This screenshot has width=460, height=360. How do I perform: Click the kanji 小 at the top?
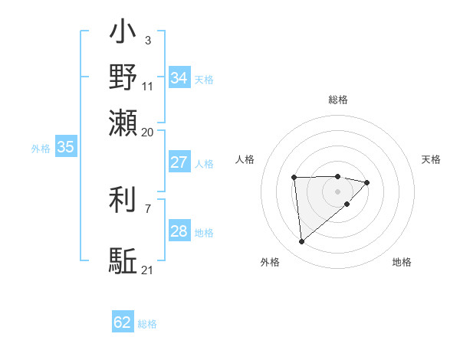pyautogui.click(x=123, y=34)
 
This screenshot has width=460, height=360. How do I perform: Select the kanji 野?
pyautogui.click(x=123, y=78)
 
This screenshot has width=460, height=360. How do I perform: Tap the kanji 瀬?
pyautogui.click(x=123, y=122)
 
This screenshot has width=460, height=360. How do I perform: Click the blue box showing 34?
pyautogui.click(x=179, y=77)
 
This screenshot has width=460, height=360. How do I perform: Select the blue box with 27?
pyautogui.click(x=179, y=162)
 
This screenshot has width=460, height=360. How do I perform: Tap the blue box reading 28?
pyautogui.click(x=179, y=231)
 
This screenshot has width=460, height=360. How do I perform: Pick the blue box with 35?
pyautogui.click(x=65, y=148)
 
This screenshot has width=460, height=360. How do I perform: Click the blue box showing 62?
pyautogui.click(x=123, y=322)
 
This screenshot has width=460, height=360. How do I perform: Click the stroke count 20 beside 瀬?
pyautogui.click(x=147, y=132)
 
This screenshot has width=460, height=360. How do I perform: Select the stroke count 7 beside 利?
pyautogui.click(x=147, y=208)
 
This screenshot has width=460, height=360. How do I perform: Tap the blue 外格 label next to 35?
pyautogui.click(x=41, y=149)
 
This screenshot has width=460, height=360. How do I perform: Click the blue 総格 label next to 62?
pyautogui.click(x=147, y=324)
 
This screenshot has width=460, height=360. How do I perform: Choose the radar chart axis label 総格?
pyautogui.click(x=337, y=100)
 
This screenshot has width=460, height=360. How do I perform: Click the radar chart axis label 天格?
pyautogui.click(x=431, y=159)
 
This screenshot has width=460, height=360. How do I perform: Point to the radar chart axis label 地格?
pyautogui.click(x=402, y=262)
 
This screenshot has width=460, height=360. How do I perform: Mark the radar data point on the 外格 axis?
pyautogui.click(x=302, y=242)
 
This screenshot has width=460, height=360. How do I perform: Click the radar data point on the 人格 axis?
pyautogui.click(x=294, y=178)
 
